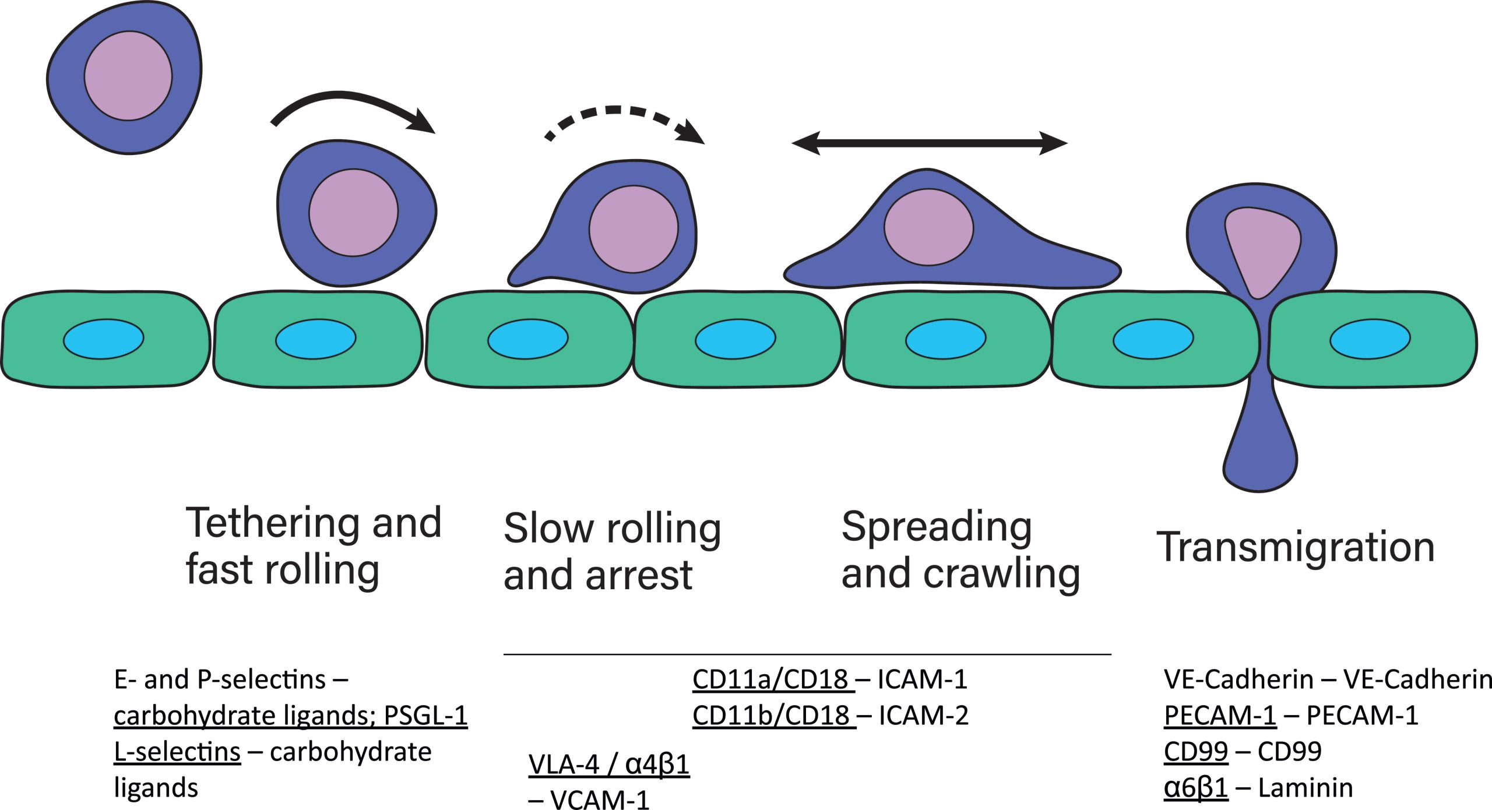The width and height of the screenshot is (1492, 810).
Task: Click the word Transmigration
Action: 1295,548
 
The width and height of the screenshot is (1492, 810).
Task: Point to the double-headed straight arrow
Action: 929,143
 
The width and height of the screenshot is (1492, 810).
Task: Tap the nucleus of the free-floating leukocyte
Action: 128,76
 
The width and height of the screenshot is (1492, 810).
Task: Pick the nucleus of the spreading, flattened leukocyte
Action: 928,227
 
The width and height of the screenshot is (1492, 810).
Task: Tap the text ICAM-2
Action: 923,716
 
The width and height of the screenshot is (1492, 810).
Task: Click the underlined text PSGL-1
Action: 425,716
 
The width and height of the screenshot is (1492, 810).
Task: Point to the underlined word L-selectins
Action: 177,752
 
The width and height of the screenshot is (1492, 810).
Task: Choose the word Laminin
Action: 1305,788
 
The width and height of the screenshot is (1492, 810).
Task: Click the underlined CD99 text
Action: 1196,752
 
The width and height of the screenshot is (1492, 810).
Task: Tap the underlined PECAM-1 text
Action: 1220,716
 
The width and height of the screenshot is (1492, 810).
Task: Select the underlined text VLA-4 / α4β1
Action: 608,765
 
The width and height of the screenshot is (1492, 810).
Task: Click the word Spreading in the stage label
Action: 936,527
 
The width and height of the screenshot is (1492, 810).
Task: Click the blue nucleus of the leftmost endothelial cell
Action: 104,339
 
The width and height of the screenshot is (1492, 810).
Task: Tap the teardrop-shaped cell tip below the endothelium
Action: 1260,460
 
